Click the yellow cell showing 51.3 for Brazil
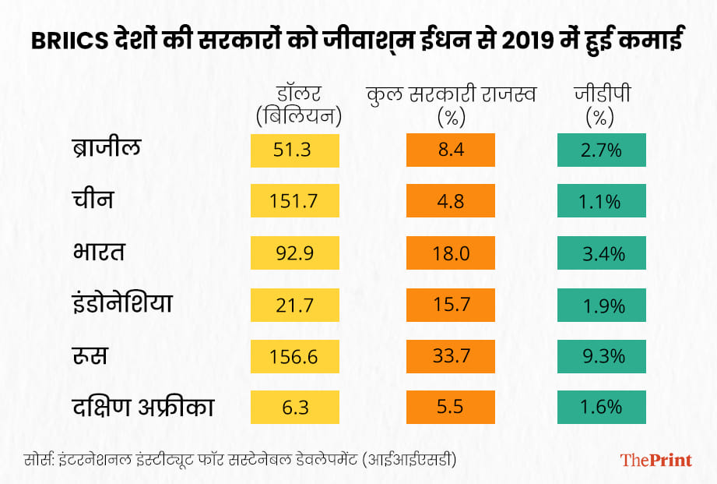click(x=295, y=150)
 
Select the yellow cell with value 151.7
click(x=295, y=202)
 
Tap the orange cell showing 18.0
click(x=451, y=253)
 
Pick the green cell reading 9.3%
click(x=601, y=356)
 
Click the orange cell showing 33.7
click(x=451, y=356)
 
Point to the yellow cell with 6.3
click(x=295, y=408)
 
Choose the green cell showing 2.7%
click(x=601, y=150)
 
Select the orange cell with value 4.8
click(x=451, y=202)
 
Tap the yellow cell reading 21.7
click(x=295, y=305)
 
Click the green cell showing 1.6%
click(x=601, y=408)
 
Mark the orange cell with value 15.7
click(x=451, y=305)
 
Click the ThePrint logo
click(x=655, y=460)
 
